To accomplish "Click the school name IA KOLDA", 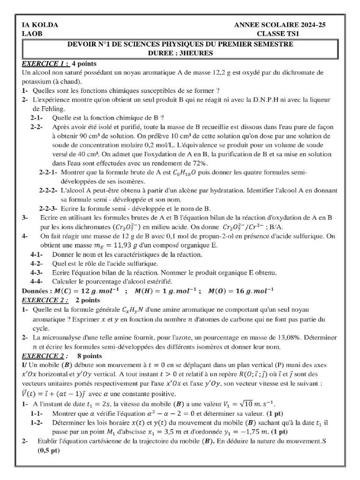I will [x=40, y=25].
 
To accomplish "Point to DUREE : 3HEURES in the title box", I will [x=180, y=53].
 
